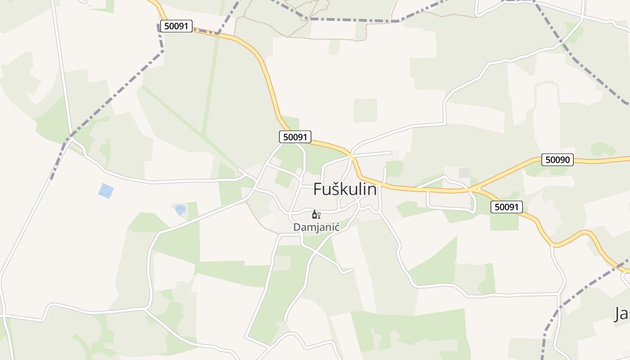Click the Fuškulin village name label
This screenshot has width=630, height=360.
(x=345, y=189)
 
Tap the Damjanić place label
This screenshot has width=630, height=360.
(x=316, y=227)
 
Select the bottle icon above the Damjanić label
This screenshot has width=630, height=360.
(x=314, y=215)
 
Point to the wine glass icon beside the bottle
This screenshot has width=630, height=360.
(x=319, y=216)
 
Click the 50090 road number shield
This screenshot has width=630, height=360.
(x=557, y=160)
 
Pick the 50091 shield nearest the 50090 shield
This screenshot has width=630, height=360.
(x=506, y=207)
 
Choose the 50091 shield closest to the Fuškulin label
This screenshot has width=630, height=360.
(x=295, y=137)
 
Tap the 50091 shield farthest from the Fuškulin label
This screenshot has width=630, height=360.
(x=176, y=26)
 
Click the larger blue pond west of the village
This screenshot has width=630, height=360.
(x=106, y=191)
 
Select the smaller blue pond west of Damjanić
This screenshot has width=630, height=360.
(x=180, y=209)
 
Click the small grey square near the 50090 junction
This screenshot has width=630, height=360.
(x=464, y=173)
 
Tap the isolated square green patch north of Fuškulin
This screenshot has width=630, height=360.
(x=365, y=110)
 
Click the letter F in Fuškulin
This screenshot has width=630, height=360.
(x=318, y=189)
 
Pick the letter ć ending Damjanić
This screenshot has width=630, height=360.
(x=336, y=227)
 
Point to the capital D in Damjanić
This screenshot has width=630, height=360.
(x=297, y=227)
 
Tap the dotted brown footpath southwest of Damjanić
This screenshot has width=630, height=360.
(x=261, y=223)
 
